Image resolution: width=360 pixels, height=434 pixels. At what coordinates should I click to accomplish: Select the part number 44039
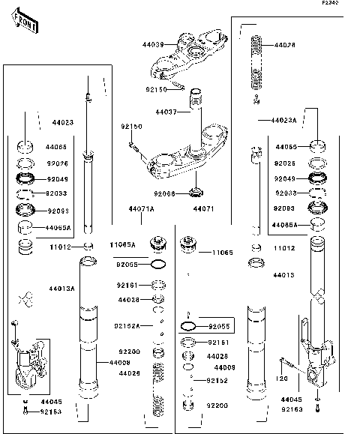tap(154, 45)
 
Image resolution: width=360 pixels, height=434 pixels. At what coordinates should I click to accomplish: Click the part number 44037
tap(166, 112)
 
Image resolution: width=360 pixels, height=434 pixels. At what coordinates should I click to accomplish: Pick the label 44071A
tap(140, 209)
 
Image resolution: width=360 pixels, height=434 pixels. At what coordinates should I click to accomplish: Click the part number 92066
tap(164, 193)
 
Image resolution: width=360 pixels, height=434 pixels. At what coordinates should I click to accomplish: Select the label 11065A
tap(122, 245)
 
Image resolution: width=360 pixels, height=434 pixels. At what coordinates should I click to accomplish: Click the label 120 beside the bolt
tap(282, 379)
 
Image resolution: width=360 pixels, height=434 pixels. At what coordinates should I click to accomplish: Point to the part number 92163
tap(293, 410)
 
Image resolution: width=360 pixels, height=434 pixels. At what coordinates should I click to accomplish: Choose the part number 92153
tap(50, 412)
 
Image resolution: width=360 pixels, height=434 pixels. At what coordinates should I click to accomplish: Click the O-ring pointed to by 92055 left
tap(159, 265)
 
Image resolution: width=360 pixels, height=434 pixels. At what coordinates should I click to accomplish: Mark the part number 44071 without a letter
tap(203, 209)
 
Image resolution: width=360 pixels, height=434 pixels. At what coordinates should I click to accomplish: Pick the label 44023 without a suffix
tap(63, 121)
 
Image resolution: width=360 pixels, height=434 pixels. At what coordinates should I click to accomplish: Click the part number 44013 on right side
tap(283, 275)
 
